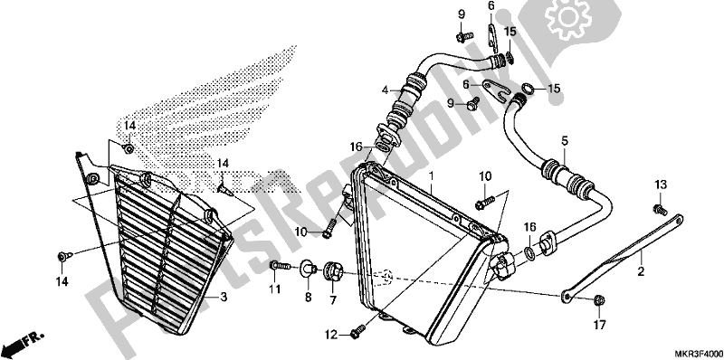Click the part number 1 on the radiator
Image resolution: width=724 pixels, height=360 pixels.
point(432,175)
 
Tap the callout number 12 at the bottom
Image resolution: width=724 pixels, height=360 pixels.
point(331,335)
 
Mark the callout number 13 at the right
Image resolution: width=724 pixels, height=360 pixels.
point(660,184)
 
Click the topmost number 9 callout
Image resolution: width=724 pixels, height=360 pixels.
point(461,14)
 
